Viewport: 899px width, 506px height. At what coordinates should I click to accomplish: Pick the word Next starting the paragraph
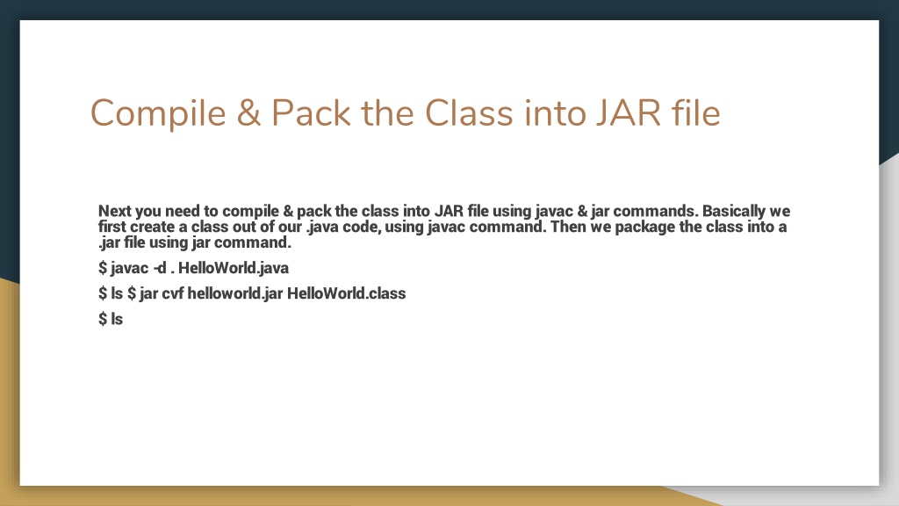116,211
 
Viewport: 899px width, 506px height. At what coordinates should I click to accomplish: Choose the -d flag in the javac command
160,268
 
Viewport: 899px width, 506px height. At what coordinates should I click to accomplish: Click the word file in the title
694,113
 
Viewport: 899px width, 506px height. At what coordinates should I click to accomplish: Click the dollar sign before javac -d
103,268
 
